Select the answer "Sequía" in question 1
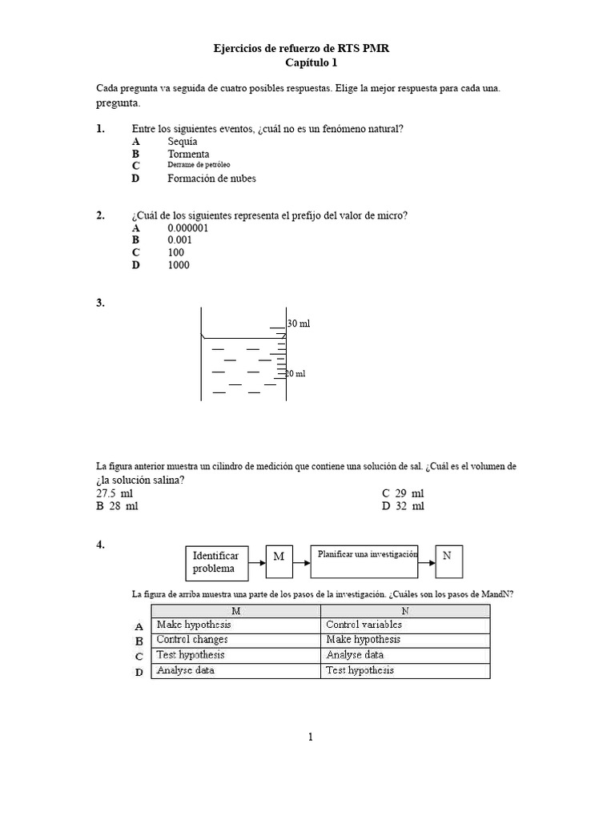tap(182, 141)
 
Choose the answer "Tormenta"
tap(188, 154)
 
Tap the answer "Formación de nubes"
tap(211, 179)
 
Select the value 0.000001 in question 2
tap(188, 227)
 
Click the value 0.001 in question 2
tap(180, 239)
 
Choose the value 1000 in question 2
tap(179, 265)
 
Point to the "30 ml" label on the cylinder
tap(299, 324)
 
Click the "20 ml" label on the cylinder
tap(296, 374)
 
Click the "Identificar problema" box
tap(216, 561)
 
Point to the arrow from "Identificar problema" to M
tap(257, 562)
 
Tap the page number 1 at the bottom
tap(310, 738)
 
